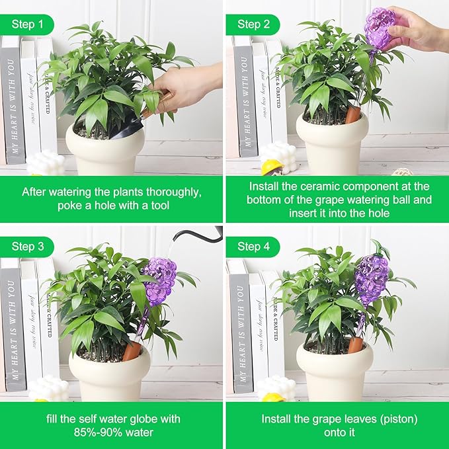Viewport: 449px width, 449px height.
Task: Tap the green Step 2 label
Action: (253, 24)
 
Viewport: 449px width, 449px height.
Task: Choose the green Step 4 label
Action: (253, 247)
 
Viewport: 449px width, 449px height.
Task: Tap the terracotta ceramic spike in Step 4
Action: (355, 345)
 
